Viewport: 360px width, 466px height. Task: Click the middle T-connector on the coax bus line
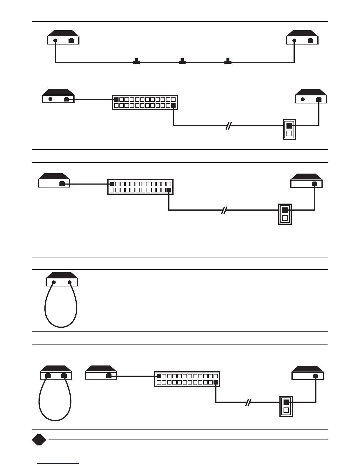point(182,61)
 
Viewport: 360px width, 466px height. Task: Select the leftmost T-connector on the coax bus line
point(136,61)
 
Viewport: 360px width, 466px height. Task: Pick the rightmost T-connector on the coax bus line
point(228,61)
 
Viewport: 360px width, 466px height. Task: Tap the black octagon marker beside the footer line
point(39,440)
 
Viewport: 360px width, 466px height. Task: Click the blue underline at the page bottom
point(58,464)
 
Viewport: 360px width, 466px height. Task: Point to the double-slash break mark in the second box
point(224,210)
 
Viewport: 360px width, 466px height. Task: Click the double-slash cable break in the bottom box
point(248,402)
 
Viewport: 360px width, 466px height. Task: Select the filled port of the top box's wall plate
point(289,126)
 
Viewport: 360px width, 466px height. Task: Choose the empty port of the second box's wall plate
point(285,218)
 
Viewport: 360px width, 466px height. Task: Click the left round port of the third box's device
point(54,282)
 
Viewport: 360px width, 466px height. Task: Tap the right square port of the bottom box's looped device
point(64,376)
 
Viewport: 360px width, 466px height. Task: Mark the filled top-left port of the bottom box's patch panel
point(159,376)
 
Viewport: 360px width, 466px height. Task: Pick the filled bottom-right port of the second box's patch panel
point(169,190)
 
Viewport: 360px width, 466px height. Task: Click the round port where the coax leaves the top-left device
point(55,41)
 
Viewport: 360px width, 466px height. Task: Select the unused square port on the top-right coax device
point(310,41)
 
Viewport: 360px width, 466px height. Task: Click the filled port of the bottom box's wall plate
point(286,402)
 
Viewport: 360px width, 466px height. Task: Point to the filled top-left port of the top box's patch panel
point(116,99)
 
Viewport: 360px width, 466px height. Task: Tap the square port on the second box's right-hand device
point(314,184)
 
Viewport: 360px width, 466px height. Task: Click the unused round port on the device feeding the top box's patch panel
point(50,99)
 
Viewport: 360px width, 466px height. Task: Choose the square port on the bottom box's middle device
point(109,376)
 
